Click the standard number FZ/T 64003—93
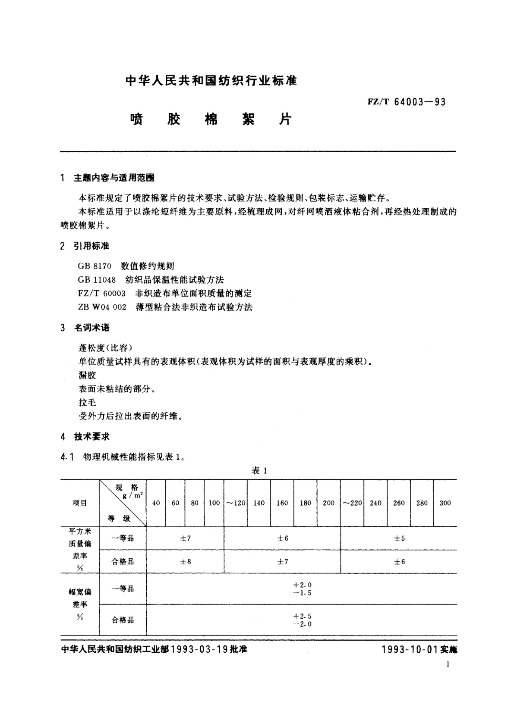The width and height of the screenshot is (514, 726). [x=406, y=102]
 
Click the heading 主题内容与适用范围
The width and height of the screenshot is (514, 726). [x=114, y=178]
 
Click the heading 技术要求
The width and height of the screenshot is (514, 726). [x=92, y=437]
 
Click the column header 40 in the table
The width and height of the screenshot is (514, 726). [x=156, y=503]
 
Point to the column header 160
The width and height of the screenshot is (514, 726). [x=282, y=503]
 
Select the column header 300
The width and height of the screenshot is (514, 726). [x=445, y=503]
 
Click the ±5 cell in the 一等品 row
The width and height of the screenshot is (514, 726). [x=399, y=538]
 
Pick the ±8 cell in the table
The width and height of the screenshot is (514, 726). [x=186, y=561]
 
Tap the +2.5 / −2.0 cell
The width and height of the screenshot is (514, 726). [x=302, y=620]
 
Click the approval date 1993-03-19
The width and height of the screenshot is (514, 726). [x=199, y=650]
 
